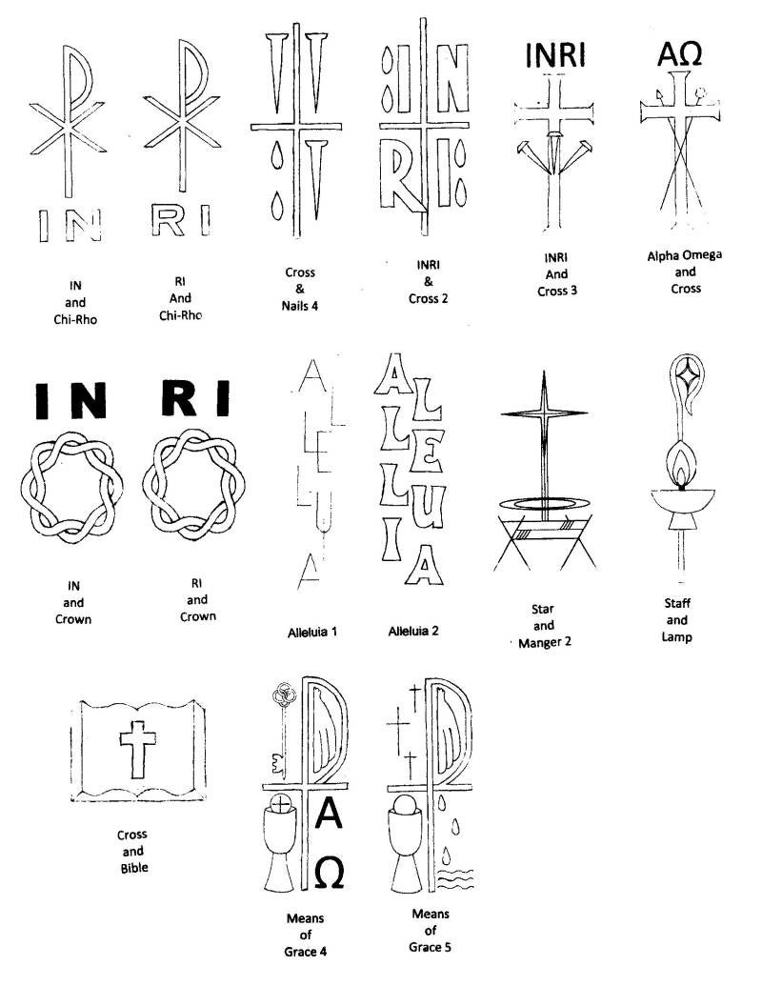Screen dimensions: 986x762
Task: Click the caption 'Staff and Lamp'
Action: pos(677,619)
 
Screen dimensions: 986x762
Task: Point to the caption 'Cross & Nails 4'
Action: pos(300,289)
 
